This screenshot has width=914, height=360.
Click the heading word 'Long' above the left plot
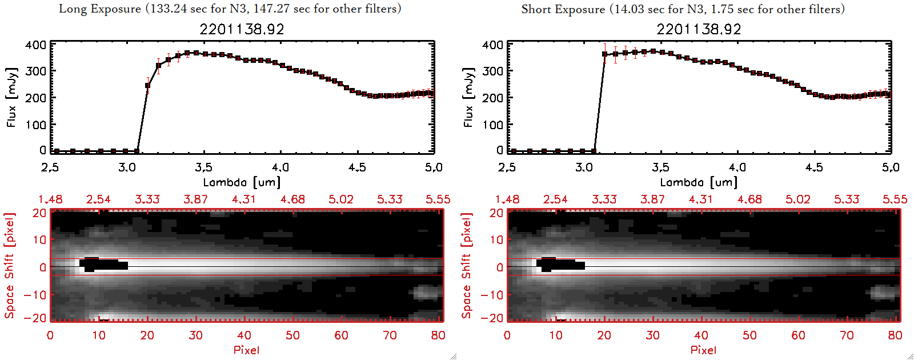[71, 9]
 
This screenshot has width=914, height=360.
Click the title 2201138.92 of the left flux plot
[242, 29]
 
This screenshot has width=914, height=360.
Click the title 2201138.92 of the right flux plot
[699, 29]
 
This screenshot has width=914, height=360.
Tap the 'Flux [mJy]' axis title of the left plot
[12, 97]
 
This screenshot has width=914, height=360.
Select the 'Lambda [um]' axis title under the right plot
[699, 182]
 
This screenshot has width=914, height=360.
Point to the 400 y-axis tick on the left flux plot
[35, 45]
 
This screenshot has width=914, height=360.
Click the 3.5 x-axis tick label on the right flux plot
[660, 167]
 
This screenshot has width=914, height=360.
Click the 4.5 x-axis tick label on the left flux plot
[357, 167]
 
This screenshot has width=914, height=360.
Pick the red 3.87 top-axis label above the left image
[195, 199]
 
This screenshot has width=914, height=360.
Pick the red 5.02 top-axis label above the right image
[797, 199]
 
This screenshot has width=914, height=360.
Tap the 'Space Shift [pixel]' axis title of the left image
[9, 266]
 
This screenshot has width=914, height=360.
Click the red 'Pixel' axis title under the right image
[703, 350]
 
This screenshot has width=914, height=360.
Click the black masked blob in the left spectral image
[103, 265]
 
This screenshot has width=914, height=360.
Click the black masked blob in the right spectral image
[560, 265]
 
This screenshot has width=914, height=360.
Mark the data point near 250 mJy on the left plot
[147, 86]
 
